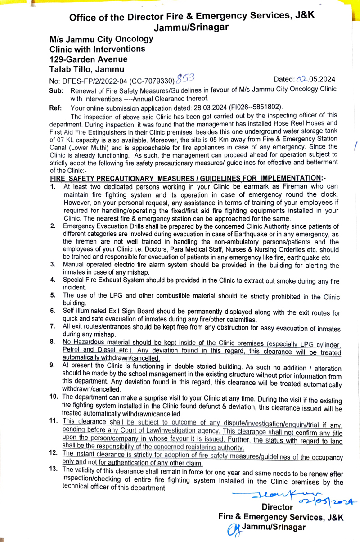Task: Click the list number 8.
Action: point(53,342)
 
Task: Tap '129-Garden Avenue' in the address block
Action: point(89,59)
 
